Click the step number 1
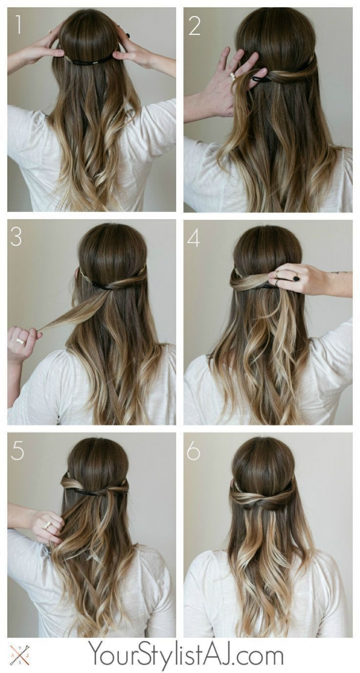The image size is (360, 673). pyautogui.click(x=18, y=25)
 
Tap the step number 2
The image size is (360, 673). pyautogui.click(x=194, y=26)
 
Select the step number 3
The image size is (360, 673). pyautogui.click(x=16, y=237)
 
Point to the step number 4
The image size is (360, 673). pyautogui.click(x=193, y=237)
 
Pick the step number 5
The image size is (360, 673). pyautogui.click(x=17, y=450)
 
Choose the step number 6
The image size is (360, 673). pyautogui.click(x=193, y=450)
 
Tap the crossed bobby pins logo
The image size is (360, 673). pyautogui.click(x=20, y=654)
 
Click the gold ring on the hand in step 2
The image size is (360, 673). pyautogui.click(x=233, y=76)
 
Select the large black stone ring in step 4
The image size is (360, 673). pyautogui.click(x=296, y=278)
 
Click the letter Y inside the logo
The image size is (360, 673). pyautogui.click(x=20, y=648)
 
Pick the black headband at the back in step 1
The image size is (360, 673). pyautogui.click(x=90, y=59)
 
